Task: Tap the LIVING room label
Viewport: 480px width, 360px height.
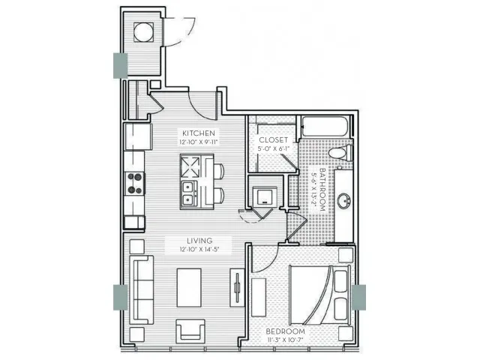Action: pyautogui.click(x=199, y=240)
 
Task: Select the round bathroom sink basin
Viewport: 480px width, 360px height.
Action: pyautogui.click(x=346, y=201)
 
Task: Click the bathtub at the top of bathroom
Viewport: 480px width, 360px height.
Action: pyautogui.click(x=326, y=128)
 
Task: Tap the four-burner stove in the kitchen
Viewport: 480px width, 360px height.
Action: pyautogui.click(x=136, y=182)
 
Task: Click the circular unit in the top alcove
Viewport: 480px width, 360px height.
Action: pyautogui.click(x=143, y=31)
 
